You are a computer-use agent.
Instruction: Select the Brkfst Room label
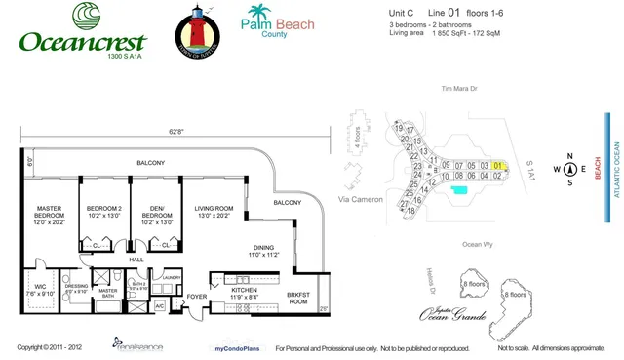(x=298, y=298)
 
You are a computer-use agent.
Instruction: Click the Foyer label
(x=198, y=297)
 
